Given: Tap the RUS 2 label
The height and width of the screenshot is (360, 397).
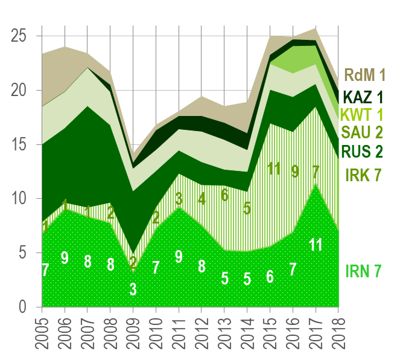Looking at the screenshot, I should [361, 152].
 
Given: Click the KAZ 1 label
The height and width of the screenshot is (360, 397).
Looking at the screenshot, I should [362, 97].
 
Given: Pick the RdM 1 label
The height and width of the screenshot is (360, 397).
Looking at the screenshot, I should [365, 75].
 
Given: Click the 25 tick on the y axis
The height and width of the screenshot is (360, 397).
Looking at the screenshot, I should [21, 36].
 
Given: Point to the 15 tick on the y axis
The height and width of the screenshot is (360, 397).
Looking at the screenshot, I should [21, 144].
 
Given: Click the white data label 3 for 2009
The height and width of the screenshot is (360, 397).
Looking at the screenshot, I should [133, 289].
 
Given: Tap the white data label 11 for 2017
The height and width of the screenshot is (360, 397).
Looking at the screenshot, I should [316, 245].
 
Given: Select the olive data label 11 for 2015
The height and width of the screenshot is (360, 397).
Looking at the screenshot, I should [275, 169].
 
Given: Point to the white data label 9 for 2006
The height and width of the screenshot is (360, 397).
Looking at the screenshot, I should [65, 258].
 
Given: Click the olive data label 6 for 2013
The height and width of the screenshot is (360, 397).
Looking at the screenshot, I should [224, 194].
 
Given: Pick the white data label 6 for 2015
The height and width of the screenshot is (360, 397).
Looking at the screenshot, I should [270, 277].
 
